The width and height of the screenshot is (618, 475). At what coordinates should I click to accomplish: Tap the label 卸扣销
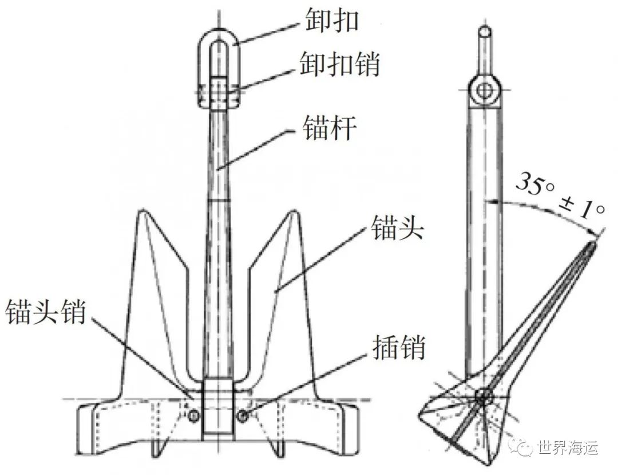(x=339, y=64)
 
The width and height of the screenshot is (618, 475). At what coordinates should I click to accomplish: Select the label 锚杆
(x=329, y=127)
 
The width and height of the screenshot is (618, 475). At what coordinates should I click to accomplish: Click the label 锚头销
(x=45, y=311)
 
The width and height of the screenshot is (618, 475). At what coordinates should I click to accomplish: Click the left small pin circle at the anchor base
(x=193, y=415)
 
